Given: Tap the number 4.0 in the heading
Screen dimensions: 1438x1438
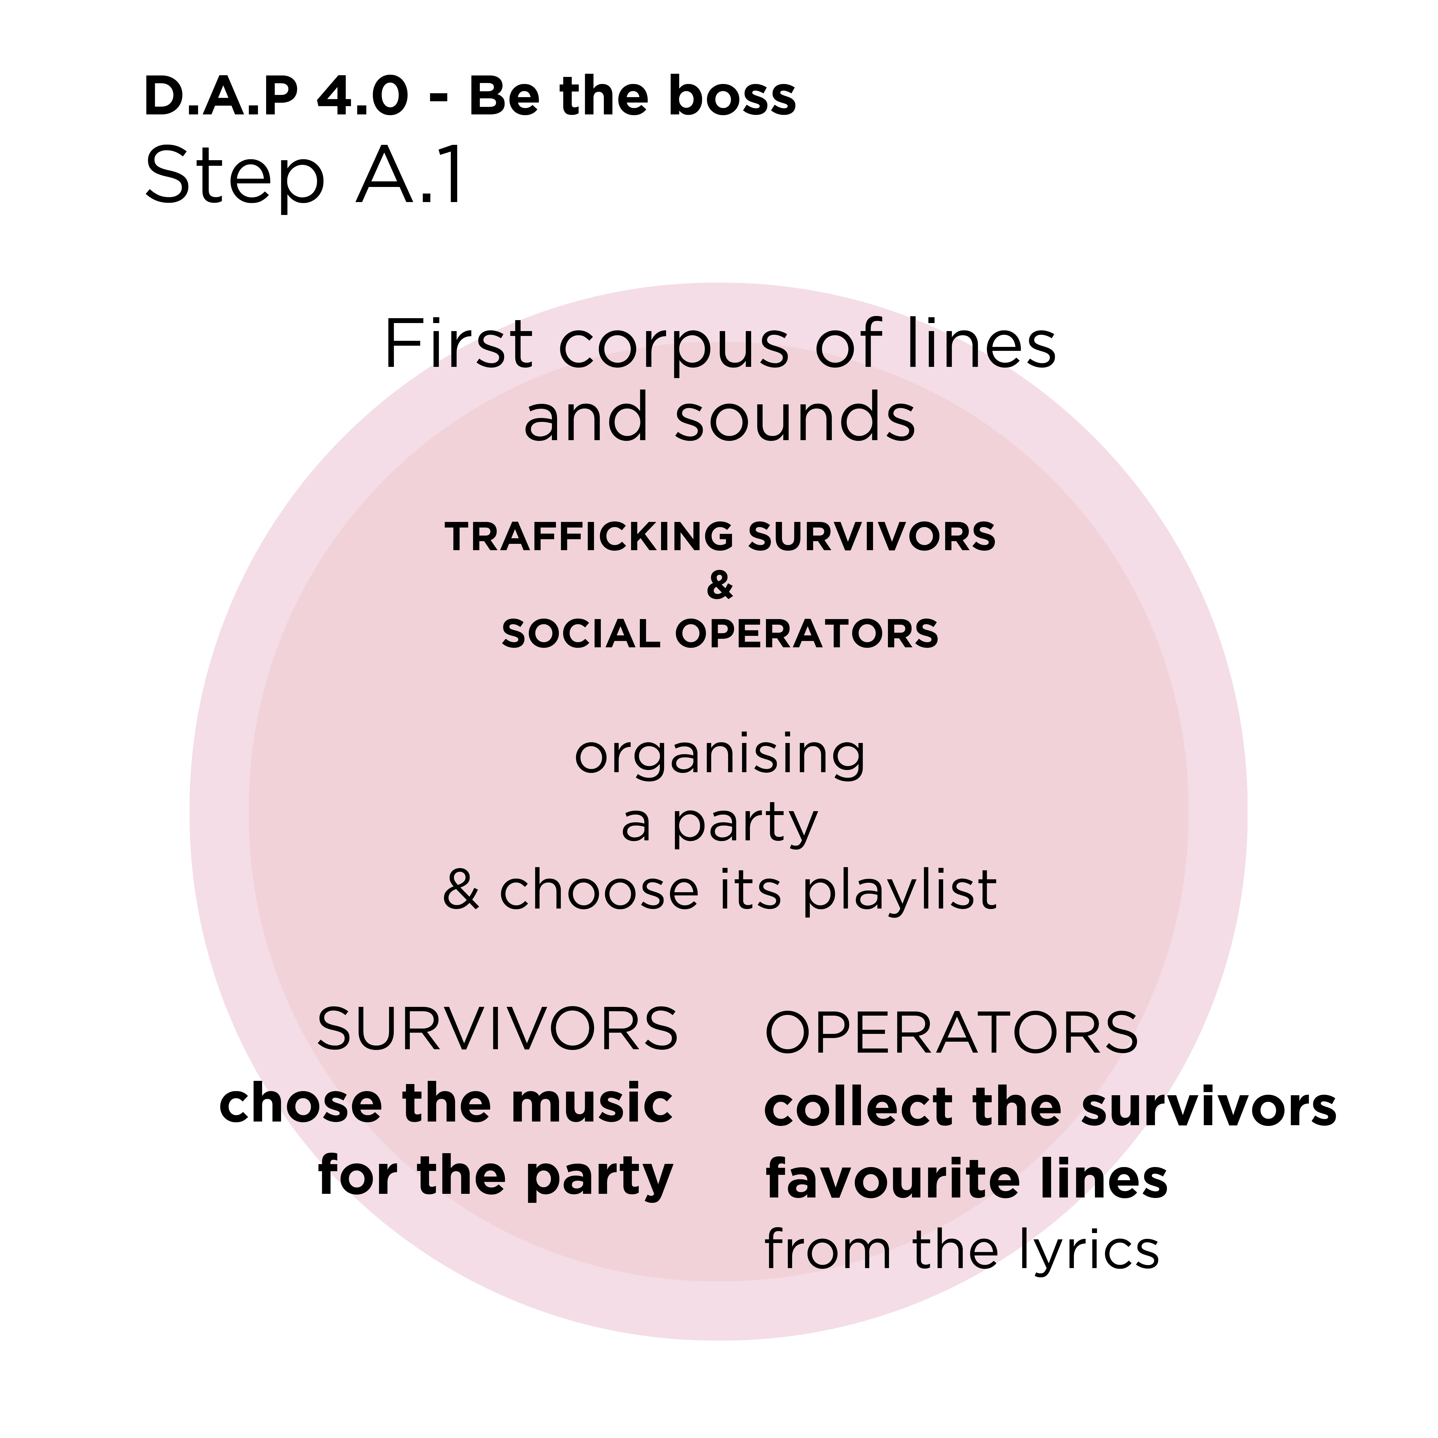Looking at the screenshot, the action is (x=363, y=97).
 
